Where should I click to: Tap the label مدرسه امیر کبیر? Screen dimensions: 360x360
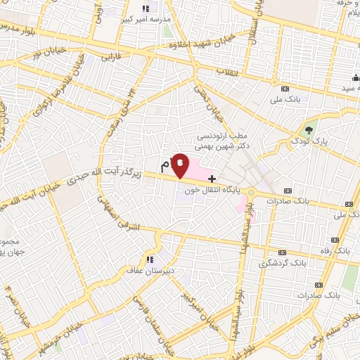[x=146, y=20]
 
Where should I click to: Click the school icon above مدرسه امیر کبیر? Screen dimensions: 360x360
[x=146, y=8]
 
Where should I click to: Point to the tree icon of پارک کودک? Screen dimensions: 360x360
[x=308, y=130]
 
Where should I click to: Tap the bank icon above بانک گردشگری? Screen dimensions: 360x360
[x=282, y=252]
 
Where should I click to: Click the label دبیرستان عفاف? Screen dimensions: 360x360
[x=148, y=269]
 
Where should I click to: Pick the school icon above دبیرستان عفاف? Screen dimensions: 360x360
[x=148, y=257]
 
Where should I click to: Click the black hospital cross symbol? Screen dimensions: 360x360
[x=212, y=179]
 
